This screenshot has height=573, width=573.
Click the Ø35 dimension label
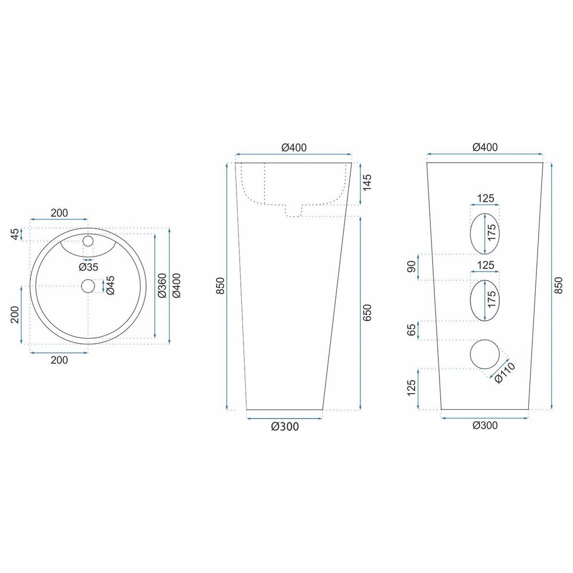[88, 267]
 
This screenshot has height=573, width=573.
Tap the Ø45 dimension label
[110, 285]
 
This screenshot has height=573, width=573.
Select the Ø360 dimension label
[162, 285]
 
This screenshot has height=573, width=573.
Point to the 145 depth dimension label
[367, 182]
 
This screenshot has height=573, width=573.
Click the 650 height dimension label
[367, 312]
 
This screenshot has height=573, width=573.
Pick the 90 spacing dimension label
[411, 267]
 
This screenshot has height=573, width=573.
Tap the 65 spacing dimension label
[411, 329]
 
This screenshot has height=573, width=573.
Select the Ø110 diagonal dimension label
[505, 372]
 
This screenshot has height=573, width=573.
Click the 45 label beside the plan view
[15, 234]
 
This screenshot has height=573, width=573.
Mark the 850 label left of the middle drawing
[221, 286]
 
